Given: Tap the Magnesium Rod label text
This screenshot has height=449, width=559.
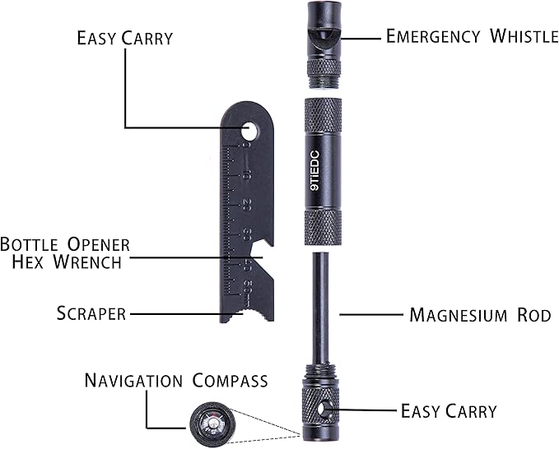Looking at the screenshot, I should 480,315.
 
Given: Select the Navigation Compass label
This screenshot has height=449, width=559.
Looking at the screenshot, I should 176,381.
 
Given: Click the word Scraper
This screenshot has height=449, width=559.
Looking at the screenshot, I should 91,313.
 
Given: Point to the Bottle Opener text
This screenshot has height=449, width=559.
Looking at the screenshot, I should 65,245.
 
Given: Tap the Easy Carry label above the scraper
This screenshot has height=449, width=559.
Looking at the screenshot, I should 125,38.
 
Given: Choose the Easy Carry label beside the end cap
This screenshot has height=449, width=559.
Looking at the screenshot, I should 449,410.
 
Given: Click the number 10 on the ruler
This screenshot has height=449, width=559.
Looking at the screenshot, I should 246,176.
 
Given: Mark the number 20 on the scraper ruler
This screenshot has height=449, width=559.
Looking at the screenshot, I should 246,206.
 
